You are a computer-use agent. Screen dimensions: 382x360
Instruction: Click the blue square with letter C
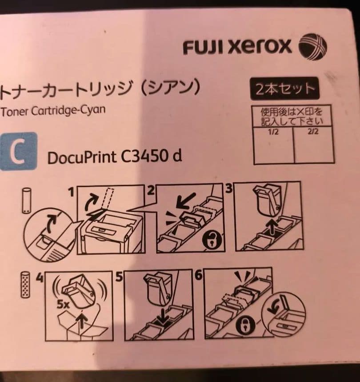click(18, 152)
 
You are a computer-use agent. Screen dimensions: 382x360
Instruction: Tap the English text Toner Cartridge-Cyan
click(53, 110)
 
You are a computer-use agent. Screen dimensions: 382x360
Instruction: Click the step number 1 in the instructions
click(70, 192)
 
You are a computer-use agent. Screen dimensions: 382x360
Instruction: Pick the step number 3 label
click(229, 189)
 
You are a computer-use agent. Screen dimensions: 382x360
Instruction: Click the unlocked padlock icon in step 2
click(211, 240)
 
